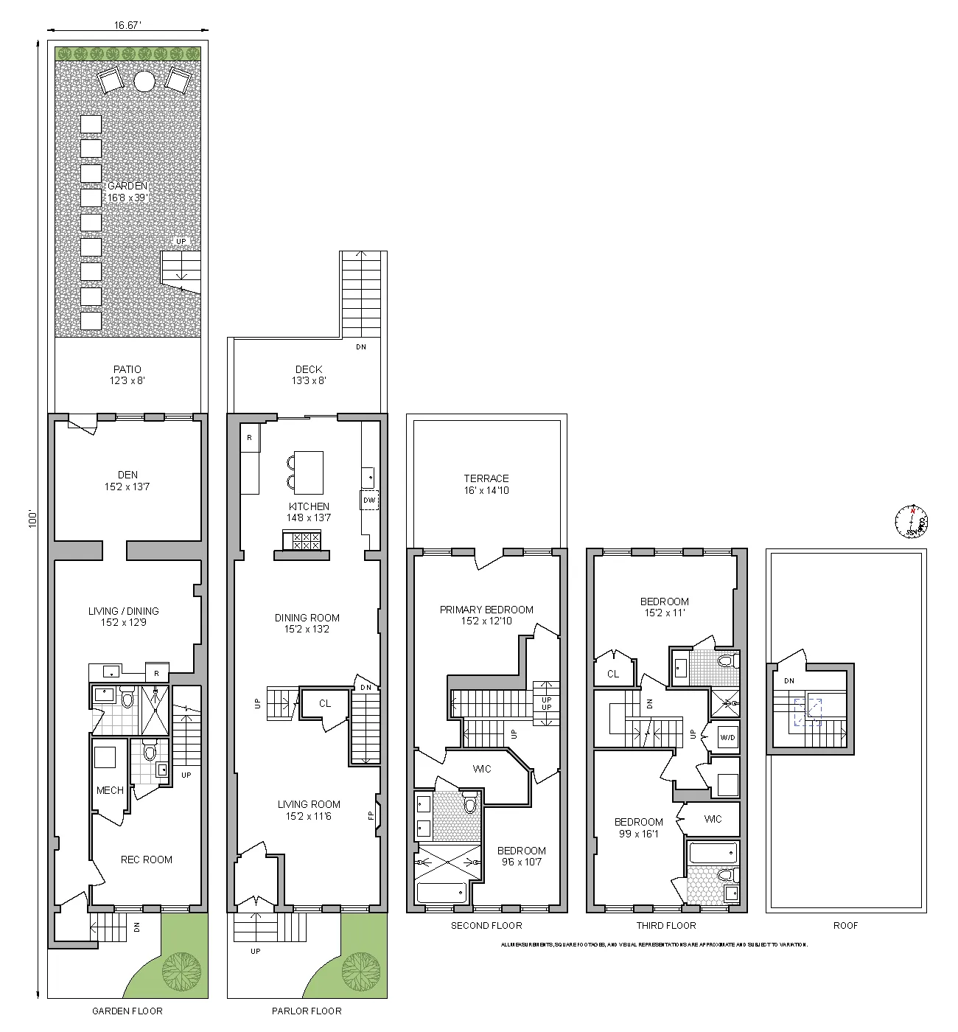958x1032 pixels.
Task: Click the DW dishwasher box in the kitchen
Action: click(x=369, y=501)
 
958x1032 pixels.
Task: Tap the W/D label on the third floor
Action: click(x=727, y=737)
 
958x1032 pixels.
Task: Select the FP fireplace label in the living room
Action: click(x=371, y=815)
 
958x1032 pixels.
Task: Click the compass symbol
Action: click(x=912, y=520)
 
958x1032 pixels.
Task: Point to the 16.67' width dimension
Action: click(x=127, y=25)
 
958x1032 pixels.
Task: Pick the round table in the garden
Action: click(x=144, y=80)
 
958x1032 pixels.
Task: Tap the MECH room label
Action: click(x=110, y=790)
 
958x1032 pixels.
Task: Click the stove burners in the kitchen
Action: click(x=306, y=541)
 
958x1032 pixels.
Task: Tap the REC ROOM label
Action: click(x=147, y=860)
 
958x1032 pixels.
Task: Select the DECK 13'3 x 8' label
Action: click(x=310, y=375)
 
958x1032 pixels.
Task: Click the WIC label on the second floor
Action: click(x=482, y=769)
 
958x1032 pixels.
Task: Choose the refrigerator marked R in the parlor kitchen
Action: click(x=250, y=438)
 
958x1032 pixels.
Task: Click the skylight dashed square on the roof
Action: click(x=808, y=712)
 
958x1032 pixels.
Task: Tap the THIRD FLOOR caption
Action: click(x=666, y=925)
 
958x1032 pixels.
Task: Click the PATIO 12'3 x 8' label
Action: click(x=127, y=375)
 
